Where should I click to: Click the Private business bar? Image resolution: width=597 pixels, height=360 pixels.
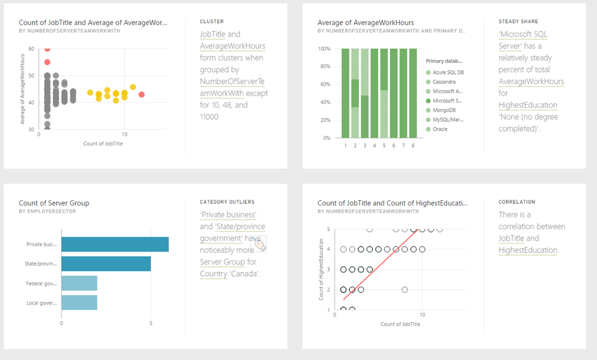[x=114, y=245]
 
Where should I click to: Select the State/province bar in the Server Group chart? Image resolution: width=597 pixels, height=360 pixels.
[x=106, y=264]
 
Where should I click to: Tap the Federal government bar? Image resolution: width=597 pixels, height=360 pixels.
[x=79, y=284]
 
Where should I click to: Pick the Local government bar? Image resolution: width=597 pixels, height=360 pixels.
[x=79, y=303]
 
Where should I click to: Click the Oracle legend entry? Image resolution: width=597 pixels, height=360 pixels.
[x=440, y=129]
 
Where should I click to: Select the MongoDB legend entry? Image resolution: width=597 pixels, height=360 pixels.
[x=444, y=110]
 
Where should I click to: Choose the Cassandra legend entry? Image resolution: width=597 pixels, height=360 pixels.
[x=445, y=82]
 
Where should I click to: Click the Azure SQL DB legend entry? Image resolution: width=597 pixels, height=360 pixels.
[x=448, y=72]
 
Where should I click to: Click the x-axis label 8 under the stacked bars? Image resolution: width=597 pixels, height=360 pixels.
[x=413, y=145]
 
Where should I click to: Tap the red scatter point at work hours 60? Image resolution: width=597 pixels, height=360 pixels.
[x=47, y=49]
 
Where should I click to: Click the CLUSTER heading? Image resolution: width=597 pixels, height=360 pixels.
[x=212, y=22]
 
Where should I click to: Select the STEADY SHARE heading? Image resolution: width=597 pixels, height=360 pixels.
[x=518, y=22]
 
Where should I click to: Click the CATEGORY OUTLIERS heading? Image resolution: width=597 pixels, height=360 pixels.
[x=227, y=202]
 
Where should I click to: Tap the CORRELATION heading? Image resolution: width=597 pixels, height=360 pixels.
[x=517, y=202]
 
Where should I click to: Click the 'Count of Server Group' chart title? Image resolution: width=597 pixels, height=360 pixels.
[x=54, y=203]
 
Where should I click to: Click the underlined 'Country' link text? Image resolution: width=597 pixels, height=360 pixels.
[x=213, y=274]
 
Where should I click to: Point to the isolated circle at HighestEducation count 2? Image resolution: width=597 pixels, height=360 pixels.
[x=405, y=290]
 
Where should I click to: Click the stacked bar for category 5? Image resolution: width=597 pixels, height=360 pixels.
[x=384, y=93]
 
